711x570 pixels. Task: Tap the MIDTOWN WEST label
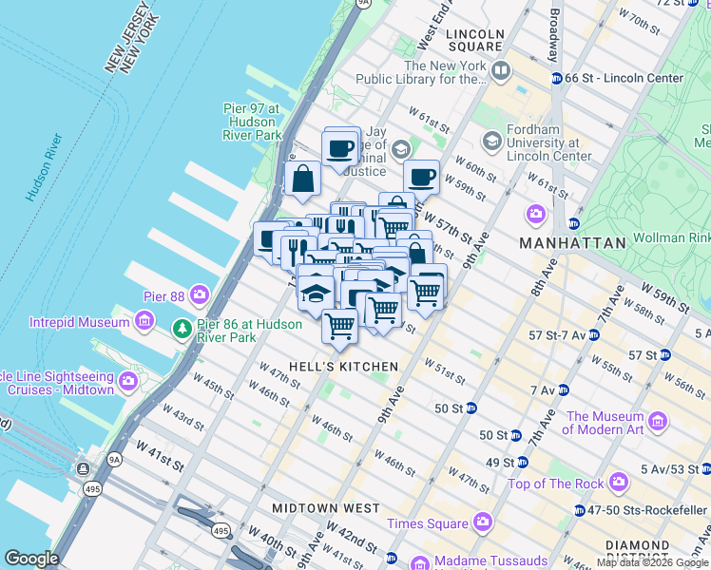pos(318,508)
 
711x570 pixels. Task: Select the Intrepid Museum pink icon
pos(144,322)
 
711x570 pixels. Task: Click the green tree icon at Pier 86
pos(182,329)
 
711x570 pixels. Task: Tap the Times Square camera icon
pos(483,523)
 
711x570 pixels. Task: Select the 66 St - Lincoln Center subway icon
pos(557,78)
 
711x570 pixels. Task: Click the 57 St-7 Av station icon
pos(593,335)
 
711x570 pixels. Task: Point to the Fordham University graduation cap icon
pos(491,142)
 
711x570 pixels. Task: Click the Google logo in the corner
pos(31,559)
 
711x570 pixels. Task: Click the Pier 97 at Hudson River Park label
pos(252,122)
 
